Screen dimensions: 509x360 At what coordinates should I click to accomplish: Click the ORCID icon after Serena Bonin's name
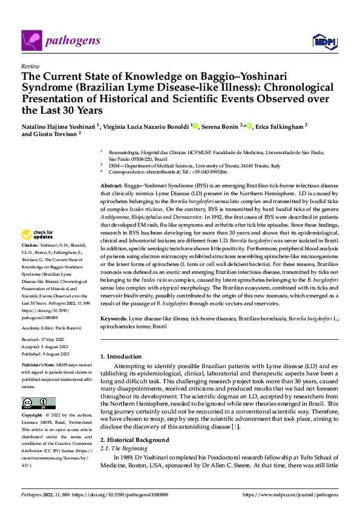(x=249, y=126)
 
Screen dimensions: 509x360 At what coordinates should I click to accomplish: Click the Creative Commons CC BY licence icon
(x=38, y=403)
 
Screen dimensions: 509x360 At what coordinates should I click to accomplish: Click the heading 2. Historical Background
(x=135, y=439)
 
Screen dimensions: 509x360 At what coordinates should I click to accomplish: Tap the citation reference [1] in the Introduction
(x=236, y=427)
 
